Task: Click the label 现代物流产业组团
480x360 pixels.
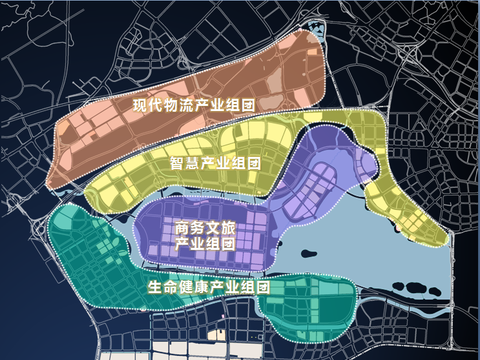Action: pyautogui.click(x=195, y=104)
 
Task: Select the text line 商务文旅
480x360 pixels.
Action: pyautogui.click(x=205, y=227)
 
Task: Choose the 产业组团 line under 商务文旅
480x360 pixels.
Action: pyautogui.click(x=205, y=243)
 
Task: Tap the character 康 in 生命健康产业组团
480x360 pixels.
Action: pyautogui.click(x=183, y=286)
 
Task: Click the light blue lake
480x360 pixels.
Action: pyautogui.click(x=330, y=250)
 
